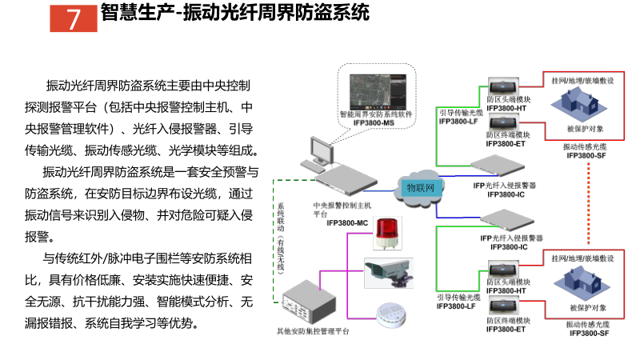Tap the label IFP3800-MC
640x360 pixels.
coord(346,222)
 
